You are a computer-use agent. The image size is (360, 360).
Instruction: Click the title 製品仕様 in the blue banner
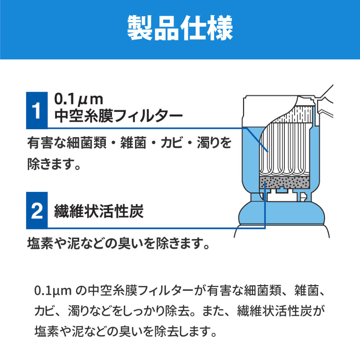(180, 28)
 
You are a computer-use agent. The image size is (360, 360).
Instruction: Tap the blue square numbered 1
(37, 110)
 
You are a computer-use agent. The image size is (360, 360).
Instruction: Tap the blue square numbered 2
(37, 210)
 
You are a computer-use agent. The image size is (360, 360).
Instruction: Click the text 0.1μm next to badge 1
(78, 99)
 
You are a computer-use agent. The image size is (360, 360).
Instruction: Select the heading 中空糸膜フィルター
(118, 116)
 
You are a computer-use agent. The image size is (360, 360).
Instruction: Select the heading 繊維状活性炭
(99, 211)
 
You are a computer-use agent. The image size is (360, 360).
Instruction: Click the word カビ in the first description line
(172, 143)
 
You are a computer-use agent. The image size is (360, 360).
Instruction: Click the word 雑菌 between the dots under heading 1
(133, 143)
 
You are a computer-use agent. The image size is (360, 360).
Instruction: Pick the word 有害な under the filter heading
(47, 143)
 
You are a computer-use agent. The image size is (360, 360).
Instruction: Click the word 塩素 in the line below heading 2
(40, 243)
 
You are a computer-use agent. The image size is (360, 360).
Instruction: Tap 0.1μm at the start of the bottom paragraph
(53, 291)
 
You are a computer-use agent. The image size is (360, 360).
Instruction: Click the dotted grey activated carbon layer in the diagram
(285, 183)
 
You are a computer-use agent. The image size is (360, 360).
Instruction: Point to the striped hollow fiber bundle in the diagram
(286, 149)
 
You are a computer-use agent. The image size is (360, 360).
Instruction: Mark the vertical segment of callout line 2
(265, 205)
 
